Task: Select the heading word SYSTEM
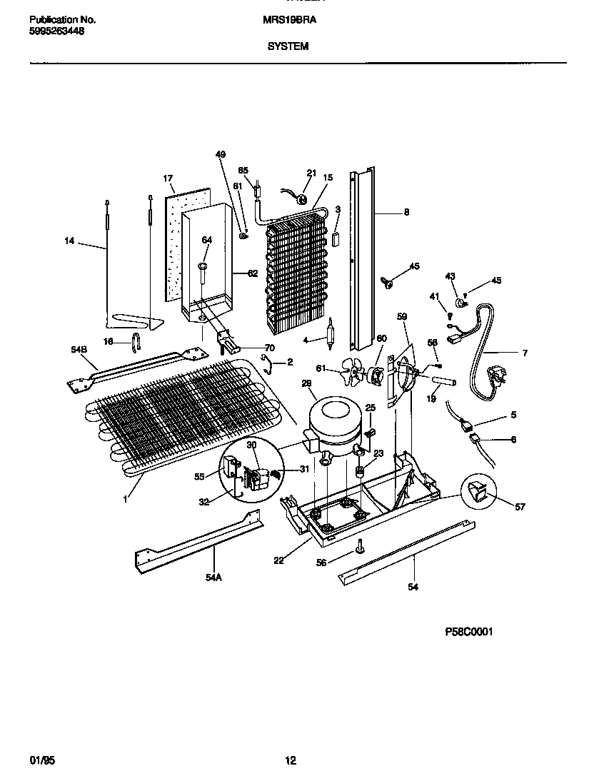[288, 46]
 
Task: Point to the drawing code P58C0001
[469, 632]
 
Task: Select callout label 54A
[213, 578]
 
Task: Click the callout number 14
[69, 241]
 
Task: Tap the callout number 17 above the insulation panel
[168, 178]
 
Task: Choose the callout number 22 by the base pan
[278, 560]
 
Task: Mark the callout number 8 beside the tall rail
[406, 212]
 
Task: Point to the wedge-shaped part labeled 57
[478, 491]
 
